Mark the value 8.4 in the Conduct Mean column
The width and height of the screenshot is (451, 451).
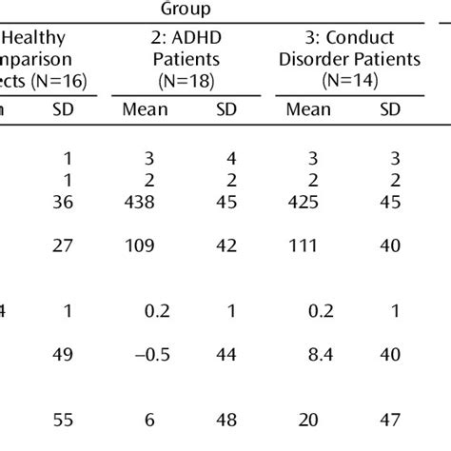tap(306, 355)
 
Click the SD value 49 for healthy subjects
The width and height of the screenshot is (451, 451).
tap(65, 355)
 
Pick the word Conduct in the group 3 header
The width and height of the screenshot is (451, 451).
tap(362, 39)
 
